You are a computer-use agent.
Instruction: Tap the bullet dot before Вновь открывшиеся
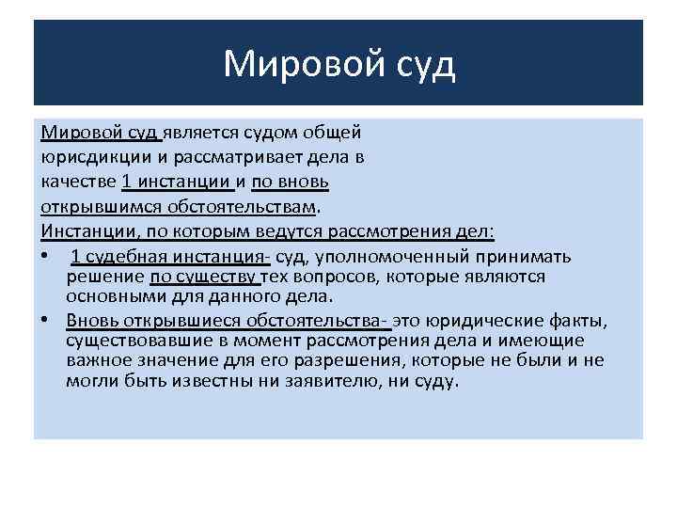pos(46,319)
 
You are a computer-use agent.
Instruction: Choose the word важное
pos(96,360)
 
